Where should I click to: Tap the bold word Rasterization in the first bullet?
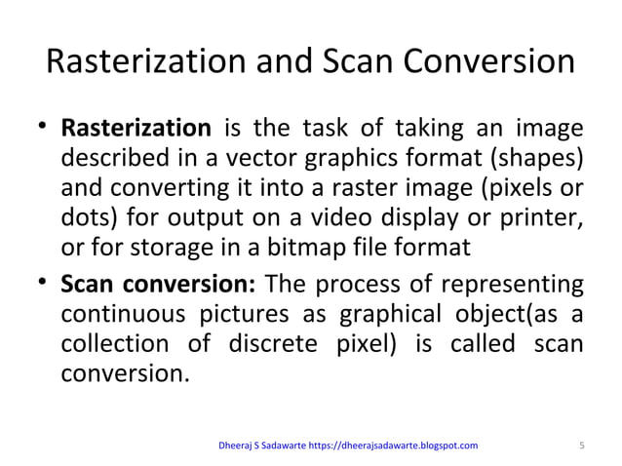(136, 129)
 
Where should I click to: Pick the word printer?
(540, 218)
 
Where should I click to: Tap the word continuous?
(123, 318)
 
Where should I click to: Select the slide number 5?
(581, 447)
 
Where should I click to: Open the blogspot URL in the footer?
(393, 447)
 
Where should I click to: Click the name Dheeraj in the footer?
(238, 447)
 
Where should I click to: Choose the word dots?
(85, 218)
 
